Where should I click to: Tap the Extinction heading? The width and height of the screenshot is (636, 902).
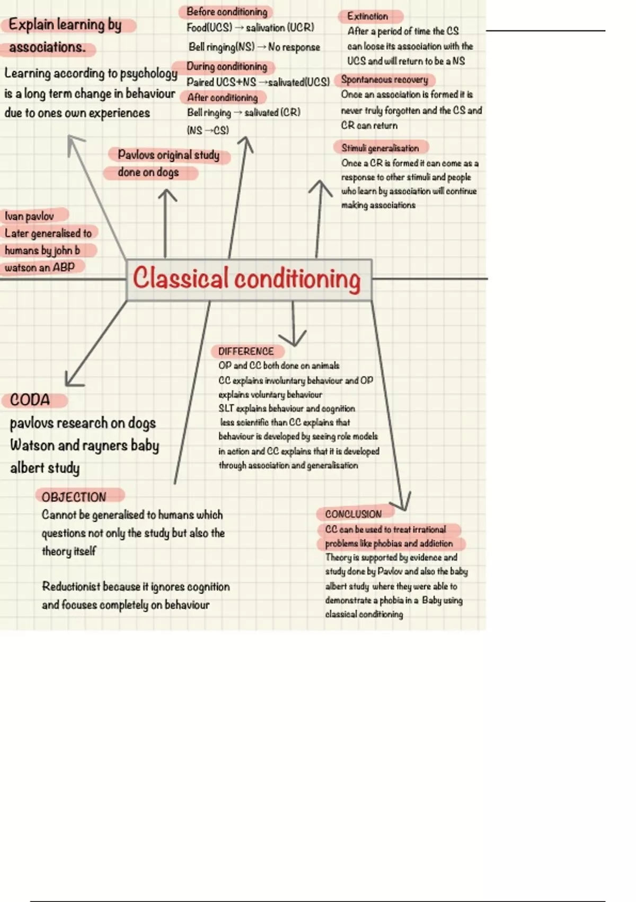(x=368, y=16)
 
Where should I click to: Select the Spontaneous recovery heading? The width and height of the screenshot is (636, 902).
(x=385, y=80)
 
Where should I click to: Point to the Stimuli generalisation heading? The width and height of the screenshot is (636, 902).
(x=380, y=148)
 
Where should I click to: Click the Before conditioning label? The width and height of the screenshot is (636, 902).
(x=227, y=12)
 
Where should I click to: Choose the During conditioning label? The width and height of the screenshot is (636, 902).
(x=227, y=66)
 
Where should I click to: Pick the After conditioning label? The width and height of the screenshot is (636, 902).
(x=223, y=98)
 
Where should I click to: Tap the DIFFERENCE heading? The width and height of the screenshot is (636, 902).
(x=246, y=351)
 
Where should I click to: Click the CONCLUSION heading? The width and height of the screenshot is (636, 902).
(x=354, y=514)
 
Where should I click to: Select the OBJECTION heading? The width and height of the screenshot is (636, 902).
(x=74, y=497)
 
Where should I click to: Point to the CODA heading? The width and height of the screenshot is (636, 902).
(x=30, y=400)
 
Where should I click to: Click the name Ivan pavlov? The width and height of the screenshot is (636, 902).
(x=30, y=216)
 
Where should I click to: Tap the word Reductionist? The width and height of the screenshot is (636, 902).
(x=70, y=586)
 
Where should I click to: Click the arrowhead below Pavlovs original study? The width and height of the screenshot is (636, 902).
(x=167, y=194)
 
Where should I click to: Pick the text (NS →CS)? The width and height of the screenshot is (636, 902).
(x=208, y=130)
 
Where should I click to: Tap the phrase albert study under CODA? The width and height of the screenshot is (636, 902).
(x=45, y=467)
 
